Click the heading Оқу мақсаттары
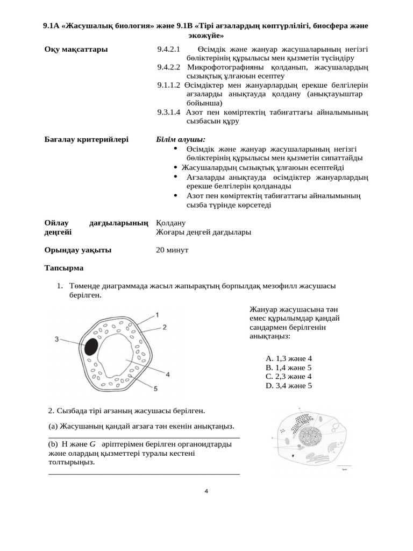tap(76, 50)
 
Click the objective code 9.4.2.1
tap(168, 50)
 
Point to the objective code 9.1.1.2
tap(168, 85)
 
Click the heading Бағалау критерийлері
tap(86, 139)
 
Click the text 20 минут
tap(172, 250)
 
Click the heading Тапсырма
tap(64, 267)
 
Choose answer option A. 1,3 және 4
tap(288, 358)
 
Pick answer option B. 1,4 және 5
tap(288, 368)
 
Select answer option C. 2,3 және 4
tap(288, 377)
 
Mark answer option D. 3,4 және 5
tap(288, 386)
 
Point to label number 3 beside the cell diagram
tap(57, 338)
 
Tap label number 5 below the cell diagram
tap(155, 387)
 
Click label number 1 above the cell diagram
tap(156, 314)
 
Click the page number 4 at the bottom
tap(206, 491)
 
